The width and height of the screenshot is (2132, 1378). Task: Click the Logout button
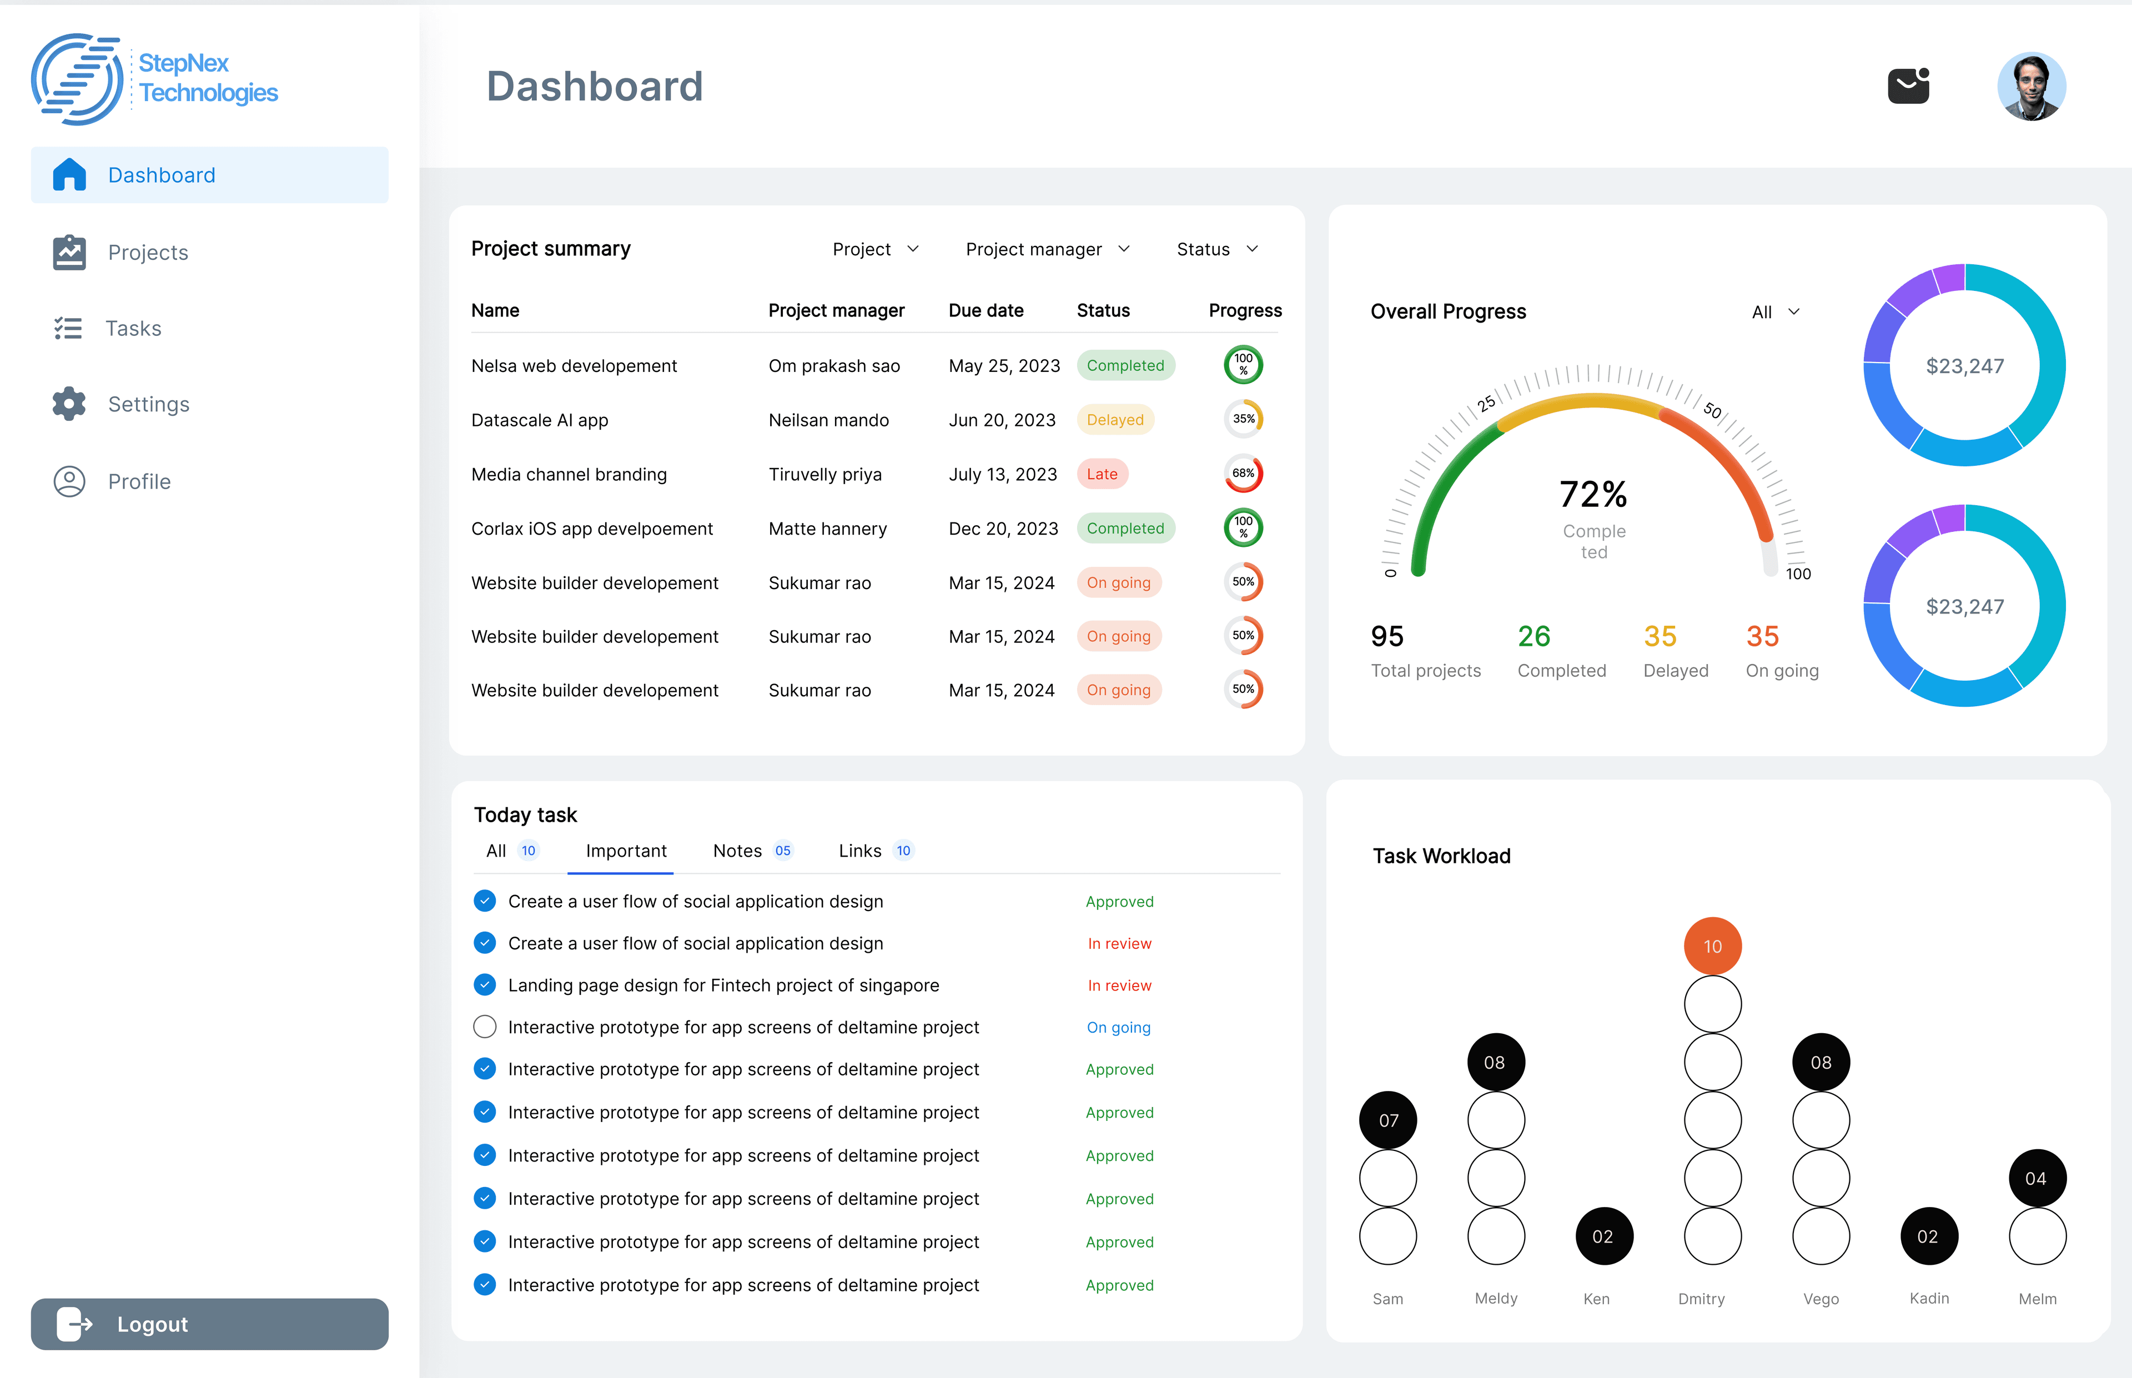pos(209,1324)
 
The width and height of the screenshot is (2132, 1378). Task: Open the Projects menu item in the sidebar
pos(148,252)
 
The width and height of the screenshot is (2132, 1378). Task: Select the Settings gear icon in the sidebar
pos(69,404)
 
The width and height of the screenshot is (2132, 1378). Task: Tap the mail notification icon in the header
pos(1908,86)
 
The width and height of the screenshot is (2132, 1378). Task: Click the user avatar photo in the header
pos(2031,87)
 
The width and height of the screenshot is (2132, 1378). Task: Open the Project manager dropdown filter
pos(1047,249)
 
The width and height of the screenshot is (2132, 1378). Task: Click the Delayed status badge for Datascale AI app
pos(1115,420)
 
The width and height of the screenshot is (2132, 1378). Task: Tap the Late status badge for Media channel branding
pos(1102,474)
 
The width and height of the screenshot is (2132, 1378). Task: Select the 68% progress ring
pos(1243,474)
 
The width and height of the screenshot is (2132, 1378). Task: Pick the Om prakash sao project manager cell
pos(834,366)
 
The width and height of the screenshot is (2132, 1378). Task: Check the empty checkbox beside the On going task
pos(485,1027)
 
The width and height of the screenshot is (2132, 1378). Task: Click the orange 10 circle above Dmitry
pos(1712,946)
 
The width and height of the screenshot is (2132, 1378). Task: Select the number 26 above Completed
pos(1533,636)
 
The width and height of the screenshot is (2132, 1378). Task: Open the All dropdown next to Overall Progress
pos(1775,311)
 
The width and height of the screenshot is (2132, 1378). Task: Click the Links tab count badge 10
pos(903,851)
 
